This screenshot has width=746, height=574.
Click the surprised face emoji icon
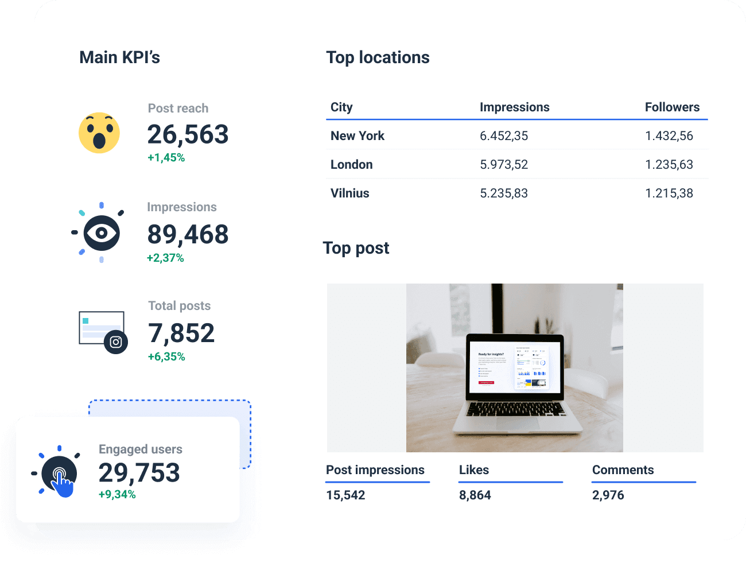[99, 133]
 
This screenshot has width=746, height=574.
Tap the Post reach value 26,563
[188, 135]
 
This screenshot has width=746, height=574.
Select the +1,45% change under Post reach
[166, 158]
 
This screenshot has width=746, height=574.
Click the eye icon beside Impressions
[102, 232]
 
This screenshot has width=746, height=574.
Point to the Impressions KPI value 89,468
[188, 235]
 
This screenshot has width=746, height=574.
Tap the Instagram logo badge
[116, 342]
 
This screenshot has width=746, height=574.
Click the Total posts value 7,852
[181, 333]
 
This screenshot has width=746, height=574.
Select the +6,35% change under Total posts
[166, 356]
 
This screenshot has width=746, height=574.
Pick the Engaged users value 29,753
[139, 473]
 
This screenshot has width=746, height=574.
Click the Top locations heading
[378, 57]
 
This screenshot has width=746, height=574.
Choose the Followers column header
[672, 107]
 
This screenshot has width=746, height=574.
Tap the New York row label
[358, 136]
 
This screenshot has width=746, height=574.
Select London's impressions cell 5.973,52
[504, 165]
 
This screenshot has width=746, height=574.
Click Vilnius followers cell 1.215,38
[669, 193]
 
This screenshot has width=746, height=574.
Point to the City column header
[341, 107]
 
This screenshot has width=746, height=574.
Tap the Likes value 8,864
[475, 495]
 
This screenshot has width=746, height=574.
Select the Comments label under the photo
[623, 470]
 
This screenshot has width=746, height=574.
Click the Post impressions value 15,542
[345, 495]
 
